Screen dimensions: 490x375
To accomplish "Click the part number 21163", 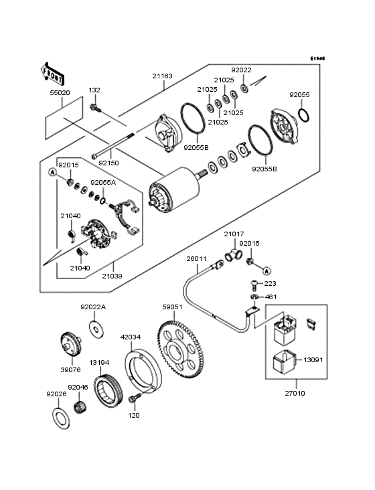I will pyautogui.click(x=161, y=76).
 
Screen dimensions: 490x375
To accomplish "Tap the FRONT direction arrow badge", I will pyautogui.click(x=55, y=70).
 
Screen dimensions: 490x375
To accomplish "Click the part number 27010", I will pyautogui.click(x=294, y=393).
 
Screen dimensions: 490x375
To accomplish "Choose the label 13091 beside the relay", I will pyautogui.click(x=313, y=359).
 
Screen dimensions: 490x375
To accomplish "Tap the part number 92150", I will pyautogui.click(x=109, y=163).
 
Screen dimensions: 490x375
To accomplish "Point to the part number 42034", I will pyautogui.click(x=130, y=337).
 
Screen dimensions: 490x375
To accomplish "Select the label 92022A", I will pyautogui.click(x=93, y=307).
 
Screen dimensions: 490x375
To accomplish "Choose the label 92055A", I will pyautogui.click(x=103, y=182).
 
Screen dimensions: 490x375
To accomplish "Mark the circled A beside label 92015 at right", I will pyautogui.click(x=267, y=271).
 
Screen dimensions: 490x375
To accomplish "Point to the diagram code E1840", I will pyautogui.click(x=317, y=59).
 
